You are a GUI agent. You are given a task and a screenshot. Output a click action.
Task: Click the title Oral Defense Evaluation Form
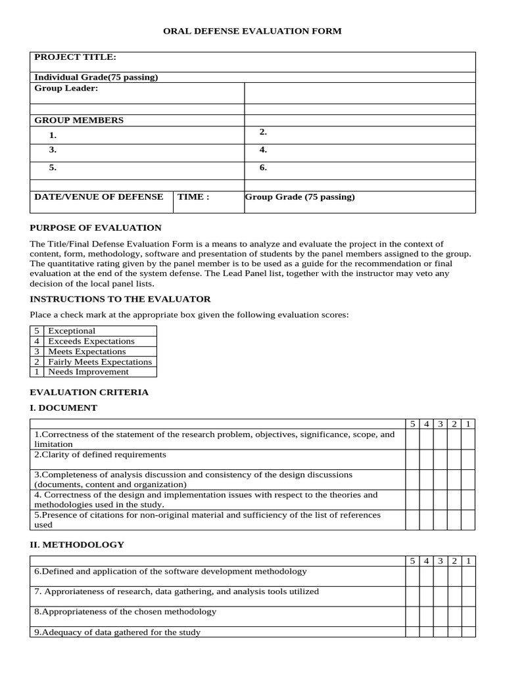tap(252, 31)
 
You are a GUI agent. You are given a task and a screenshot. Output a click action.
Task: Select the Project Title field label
tap(75, 58)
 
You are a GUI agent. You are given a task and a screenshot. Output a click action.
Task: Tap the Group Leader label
tap(66, 88)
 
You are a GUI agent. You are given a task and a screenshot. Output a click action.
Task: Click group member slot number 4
tap(263, 150)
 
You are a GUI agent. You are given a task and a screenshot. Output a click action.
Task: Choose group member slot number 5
tap(53, 168)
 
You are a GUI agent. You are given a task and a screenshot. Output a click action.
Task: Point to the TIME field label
tap(193, 197)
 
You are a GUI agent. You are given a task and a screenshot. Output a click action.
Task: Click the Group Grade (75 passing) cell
tap(300, 197)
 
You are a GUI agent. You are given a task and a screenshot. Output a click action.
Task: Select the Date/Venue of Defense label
tap(99, 197)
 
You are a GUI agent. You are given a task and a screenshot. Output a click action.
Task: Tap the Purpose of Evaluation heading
tap(96, 227)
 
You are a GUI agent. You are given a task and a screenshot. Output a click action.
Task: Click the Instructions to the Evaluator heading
tap(120, 299)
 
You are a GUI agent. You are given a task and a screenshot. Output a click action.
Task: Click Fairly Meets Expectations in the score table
tap(100, 361)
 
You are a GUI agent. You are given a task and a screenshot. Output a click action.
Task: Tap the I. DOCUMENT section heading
tap(64, 407)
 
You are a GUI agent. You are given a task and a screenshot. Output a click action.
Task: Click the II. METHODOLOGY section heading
tap(77, 545)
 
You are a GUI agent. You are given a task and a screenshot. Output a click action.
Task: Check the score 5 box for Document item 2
tap(412, 459)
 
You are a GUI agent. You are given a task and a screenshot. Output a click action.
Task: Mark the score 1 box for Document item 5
tap(468, 520)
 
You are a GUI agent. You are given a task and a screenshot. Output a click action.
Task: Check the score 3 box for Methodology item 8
tap(440, 616)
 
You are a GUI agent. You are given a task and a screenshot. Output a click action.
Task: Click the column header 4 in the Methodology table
tap(426, 561)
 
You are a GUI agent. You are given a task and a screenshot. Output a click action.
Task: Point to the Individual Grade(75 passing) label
tap(96, 77)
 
